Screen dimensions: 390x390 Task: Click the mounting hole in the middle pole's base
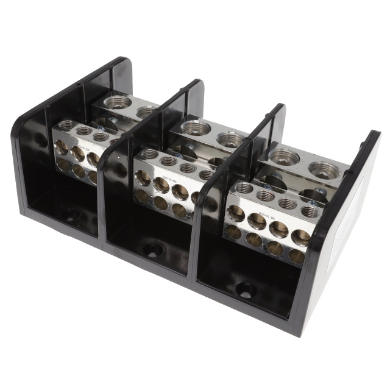click(152, 249)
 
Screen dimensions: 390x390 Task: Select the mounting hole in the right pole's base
click(245, 291)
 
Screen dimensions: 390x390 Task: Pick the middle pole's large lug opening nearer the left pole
click(195, 127)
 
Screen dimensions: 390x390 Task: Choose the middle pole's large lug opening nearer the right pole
click(230, 140)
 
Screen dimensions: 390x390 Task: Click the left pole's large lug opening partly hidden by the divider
click(146, 112)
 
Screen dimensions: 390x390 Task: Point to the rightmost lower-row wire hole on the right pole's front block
click(296, 256)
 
